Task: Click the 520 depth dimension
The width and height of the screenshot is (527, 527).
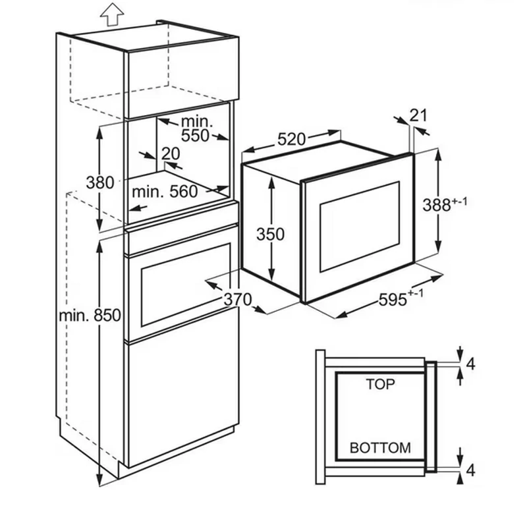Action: (291, 139)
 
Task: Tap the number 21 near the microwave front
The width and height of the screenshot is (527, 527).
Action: (418, 115)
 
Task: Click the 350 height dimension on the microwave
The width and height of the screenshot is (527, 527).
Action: (270, 234)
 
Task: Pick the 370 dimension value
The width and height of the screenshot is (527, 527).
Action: (238, 299)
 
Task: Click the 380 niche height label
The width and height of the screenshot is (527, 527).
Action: (100, 183)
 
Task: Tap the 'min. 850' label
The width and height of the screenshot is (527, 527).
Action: (90, 316)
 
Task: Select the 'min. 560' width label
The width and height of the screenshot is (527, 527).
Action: (165, 192)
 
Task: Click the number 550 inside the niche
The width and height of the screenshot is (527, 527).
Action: (195, 136)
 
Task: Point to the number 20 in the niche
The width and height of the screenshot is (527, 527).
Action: (171, 153)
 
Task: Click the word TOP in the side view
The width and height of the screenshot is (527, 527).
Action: (380, 384)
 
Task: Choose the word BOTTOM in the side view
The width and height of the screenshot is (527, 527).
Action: (380, 448)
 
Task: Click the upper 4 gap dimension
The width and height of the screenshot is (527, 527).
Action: (471, 364)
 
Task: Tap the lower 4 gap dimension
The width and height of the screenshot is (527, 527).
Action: (471, 470)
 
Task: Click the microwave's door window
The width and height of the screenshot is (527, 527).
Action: (359, 227)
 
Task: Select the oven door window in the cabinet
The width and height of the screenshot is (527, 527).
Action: (186, 285)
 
